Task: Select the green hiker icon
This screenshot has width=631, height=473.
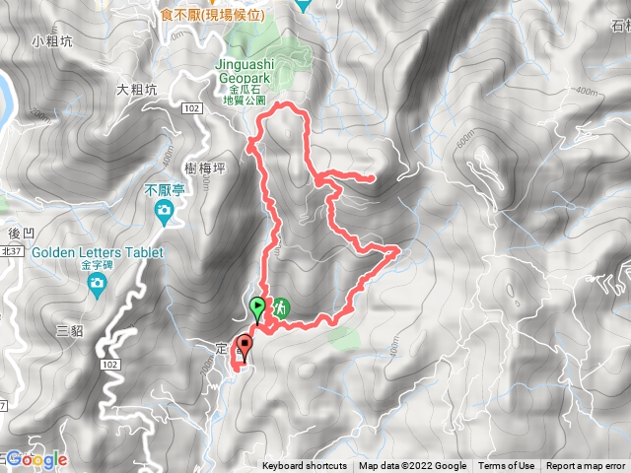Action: tap(280, 308)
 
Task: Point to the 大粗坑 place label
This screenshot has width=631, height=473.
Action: tap(136, 89)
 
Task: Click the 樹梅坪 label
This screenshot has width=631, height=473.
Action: tap(206, 169)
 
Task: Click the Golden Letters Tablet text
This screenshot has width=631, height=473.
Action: tap(97, 252)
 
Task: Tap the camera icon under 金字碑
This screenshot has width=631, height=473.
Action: tap(97, 287)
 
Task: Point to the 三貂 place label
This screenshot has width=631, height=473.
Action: tap(70, 330)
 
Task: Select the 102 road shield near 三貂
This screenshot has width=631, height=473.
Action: tap(109, 366)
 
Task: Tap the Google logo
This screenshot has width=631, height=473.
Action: tap(35, 459)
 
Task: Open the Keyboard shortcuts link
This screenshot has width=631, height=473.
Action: tap(305, 466)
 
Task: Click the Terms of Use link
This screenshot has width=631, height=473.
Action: tap(507, 466)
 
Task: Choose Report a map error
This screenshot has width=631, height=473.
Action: tap(586, 466)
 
